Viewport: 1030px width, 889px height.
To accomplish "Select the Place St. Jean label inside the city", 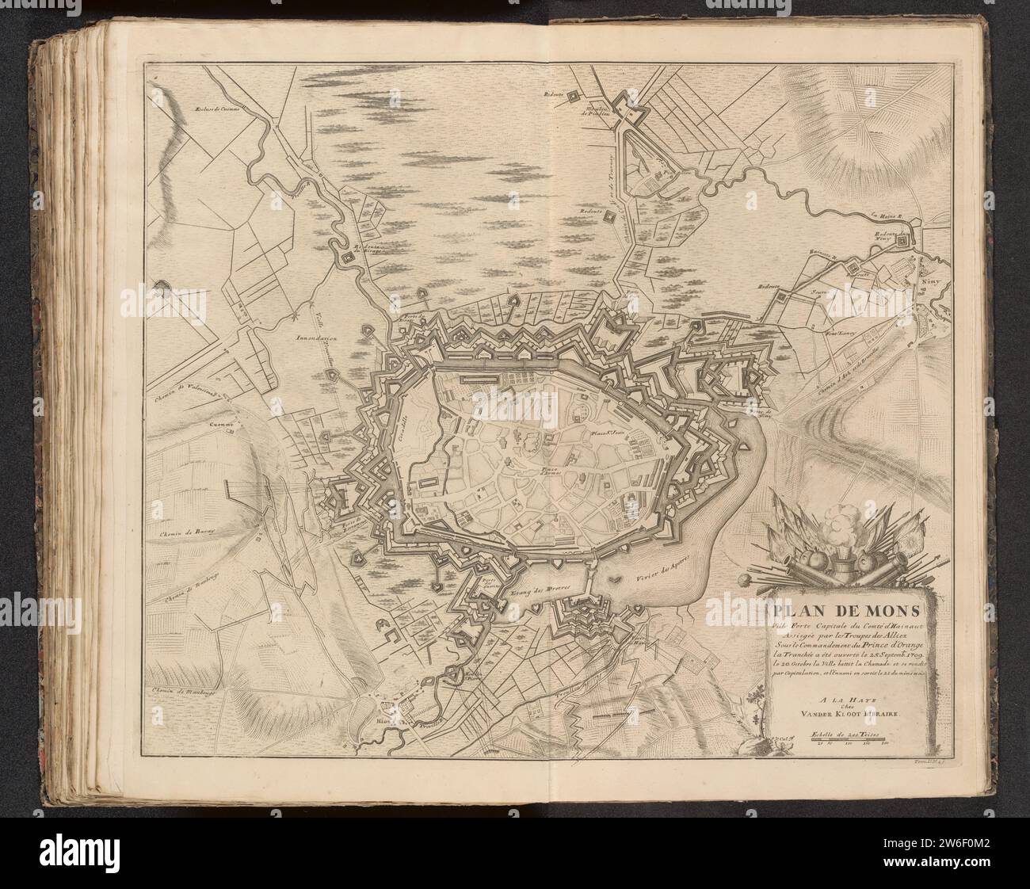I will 606,436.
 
